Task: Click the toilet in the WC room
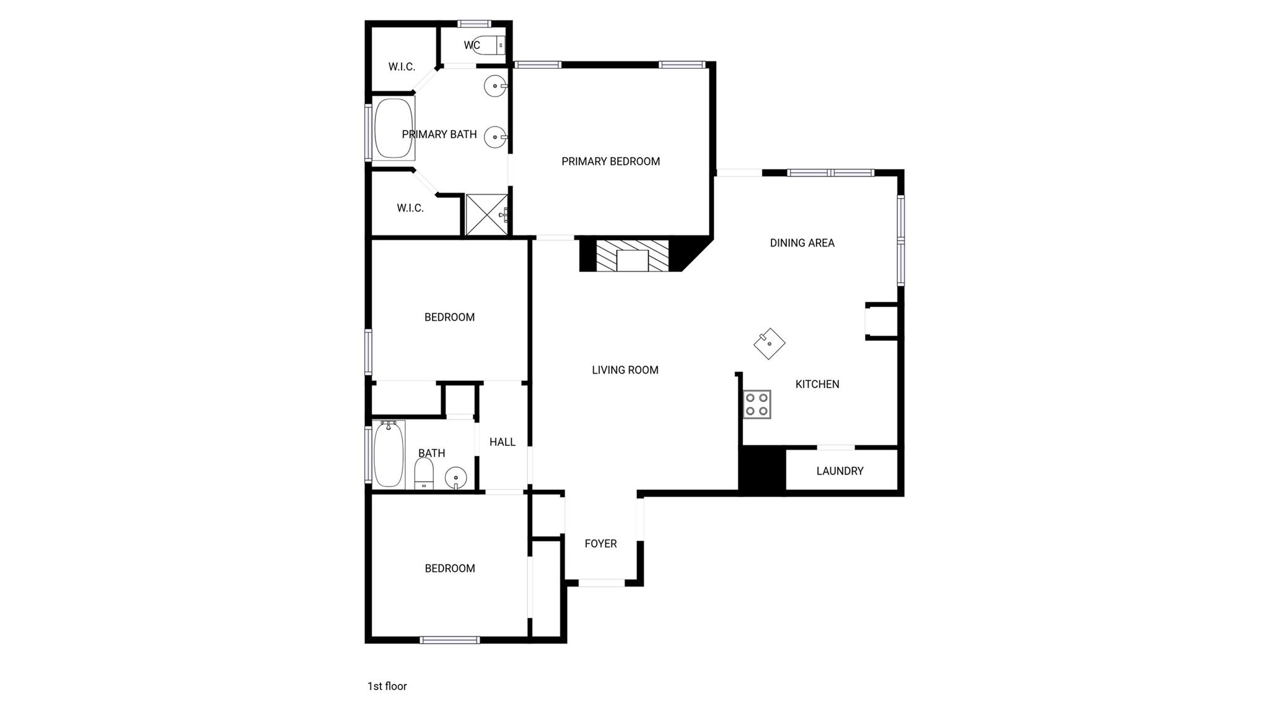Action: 490,45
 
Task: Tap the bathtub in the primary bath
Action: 393,128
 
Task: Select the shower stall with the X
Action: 486,214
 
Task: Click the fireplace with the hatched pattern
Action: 633,255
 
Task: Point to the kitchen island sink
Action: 769,343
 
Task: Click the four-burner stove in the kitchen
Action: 757,405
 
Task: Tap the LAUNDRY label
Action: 840,471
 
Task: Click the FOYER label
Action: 600,543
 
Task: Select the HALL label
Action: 502,442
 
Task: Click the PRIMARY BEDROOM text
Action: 610,161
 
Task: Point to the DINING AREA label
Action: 802,243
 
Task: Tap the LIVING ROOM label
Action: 625,370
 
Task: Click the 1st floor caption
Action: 387,686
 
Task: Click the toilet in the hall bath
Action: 424,474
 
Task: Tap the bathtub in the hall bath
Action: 389,454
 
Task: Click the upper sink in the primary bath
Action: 495,86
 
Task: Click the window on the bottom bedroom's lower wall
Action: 449,640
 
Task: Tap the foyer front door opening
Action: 601,583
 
